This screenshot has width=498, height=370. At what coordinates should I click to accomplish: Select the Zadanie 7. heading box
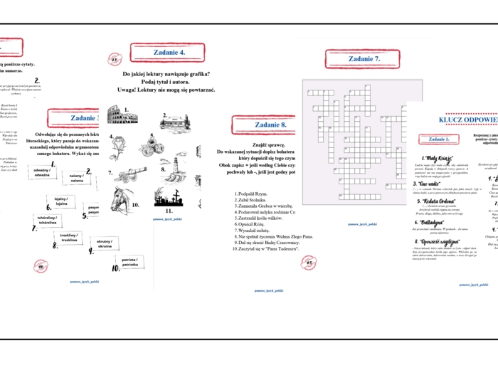363,59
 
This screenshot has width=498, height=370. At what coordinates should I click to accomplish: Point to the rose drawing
118,144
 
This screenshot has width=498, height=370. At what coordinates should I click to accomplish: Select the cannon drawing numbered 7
126,175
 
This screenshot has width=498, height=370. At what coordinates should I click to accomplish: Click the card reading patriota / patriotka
129,263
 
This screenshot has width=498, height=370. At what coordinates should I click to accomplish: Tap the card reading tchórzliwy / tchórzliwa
48,221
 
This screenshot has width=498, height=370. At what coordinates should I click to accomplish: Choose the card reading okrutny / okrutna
102,244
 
